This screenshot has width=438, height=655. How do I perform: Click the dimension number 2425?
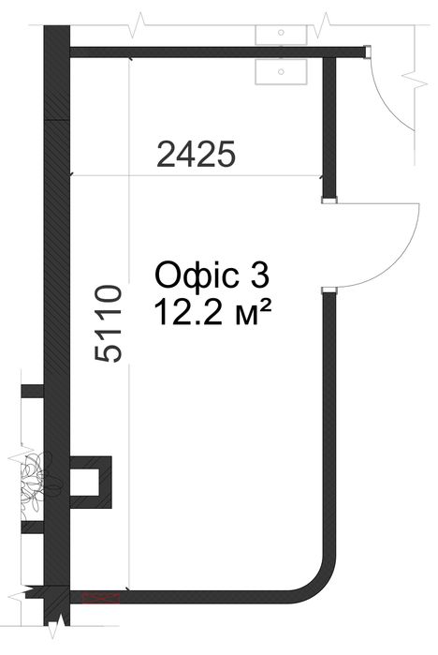pyautogui.click(x=196, y=154)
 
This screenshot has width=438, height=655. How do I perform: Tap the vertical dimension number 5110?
pyautogui.click(x=109, y=323)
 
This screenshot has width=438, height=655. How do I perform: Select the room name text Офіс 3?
pyautogui.click(x=212, y=275)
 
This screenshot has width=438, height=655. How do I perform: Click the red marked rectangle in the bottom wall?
pyautogui.click(x=101, y=598)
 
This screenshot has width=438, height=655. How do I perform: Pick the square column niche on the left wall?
pyautogui.click(x=91, y=482)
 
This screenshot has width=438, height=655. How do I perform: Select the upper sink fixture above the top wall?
pyautogui.click(x=281, y=35)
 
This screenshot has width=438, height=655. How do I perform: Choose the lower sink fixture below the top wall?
pyautogui.click(x=281, y=71)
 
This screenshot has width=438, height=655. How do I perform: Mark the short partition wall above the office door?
pyautogui.click(x=329, y=127)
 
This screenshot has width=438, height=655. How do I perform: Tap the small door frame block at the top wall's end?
pyautogui.click(x=368, y=52)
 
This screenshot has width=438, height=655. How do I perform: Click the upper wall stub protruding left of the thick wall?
pyautogui.click(x=33, y=392)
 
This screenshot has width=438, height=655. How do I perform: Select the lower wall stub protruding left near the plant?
pyautogui.click(x=33, y=528)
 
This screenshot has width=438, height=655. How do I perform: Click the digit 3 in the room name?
pyautogui.click(x=261, y=275)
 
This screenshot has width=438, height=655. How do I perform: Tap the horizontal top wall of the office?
pyautogui.click(x=217, y=52)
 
